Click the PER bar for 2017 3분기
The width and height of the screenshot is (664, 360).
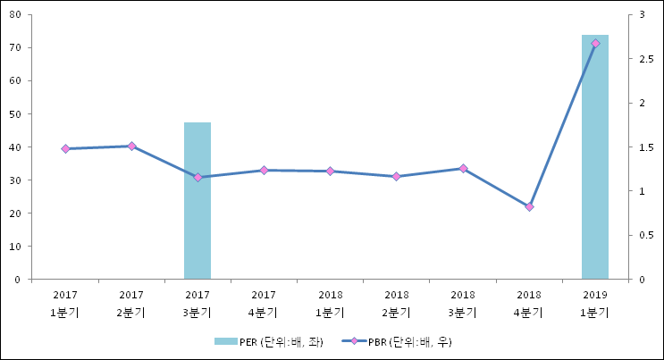198,201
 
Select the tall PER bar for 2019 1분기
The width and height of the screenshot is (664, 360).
595,157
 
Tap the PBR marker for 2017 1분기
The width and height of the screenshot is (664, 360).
65,148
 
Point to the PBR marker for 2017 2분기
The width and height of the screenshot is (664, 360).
131,146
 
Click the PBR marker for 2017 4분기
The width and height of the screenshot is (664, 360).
264,170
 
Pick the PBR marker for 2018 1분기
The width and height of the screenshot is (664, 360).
330,171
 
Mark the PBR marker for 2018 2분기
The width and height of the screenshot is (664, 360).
396,176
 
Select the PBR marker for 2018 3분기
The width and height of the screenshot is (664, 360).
463,168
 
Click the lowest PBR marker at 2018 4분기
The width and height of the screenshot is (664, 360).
529,206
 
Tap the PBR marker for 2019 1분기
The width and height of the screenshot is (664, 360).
595,44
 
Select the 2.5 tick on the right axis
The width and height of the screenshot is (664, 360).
646,59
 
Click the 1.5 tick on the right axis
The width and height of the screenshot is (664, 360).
646,147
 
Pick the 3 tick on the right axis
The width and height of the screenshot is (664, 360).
643,14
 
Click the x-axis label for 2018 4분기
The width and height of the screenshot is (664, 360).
529,303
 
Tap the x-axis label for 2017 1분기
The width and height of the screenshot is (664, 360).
65,303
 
